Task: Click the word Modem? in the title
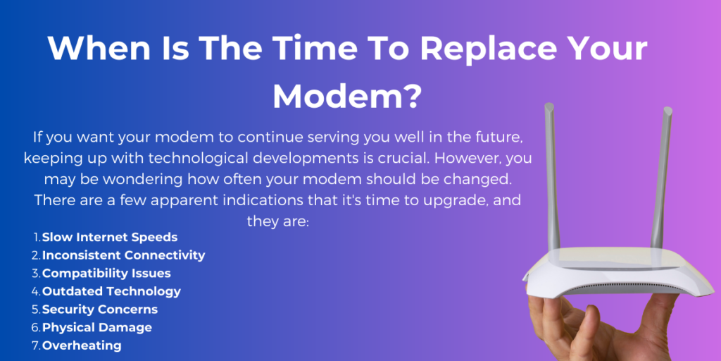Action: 346,96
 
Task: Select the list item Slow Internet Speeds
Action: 110,237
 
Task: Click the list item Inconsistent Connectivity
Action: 124,255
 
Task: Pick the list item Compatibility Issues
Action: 107,273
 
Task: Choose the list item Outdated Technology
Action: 112,291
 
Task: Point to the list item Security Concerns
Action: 100,310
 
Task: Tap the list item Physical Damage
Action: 97,327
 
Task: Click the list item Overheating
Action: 82,345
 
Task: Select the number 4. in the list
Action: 37,291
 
